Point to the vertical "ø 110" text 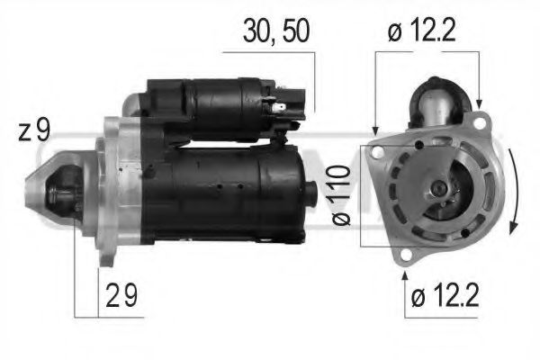(343, 194)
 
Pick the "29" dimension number (121, 296)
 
